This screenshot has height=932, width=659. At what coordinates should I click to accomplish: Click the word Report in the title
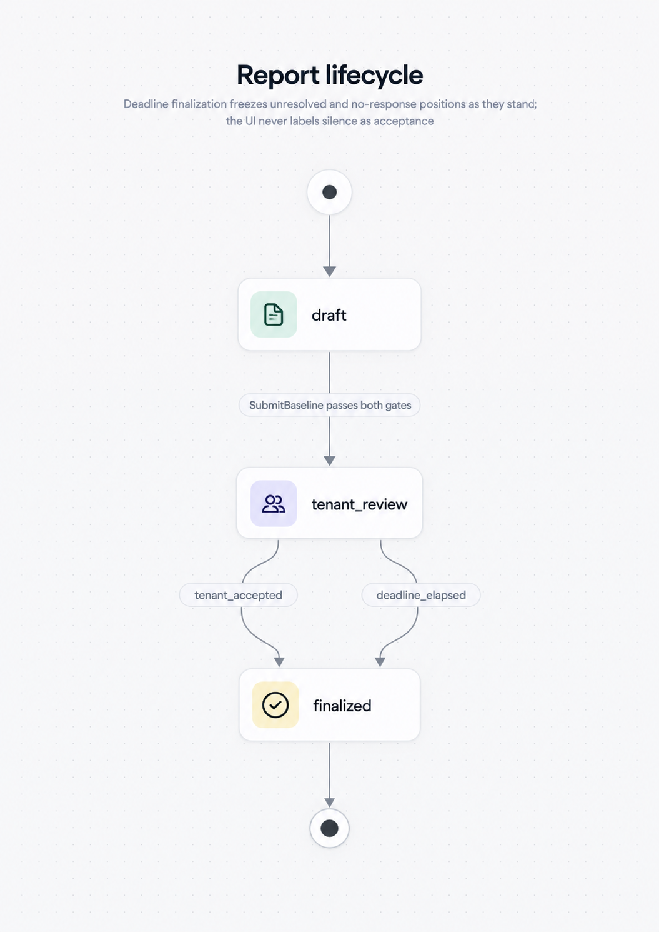278,75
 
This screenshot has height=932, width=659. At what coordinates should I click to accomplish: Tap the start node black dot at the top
330,193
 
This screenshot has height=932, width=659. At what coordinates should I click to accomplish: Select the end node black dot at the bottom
329,828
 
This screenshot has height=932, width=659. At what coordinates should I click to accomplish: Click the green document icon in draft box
274,314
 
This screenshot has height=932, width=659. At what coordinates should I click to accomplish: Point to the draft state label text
329,316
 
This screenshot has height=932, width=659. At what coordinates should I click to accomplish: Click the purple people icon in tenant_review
274,503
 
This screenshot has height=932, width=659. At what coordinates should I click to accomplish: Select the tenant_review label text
359,504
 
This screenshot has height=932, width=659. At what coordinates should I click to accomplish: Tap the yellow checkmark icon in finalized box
275,705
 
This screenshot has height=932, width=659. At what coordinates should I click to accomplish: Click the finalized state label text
342,706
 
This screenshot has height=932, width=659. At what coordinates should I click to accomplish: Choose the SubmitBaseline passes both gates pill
330,405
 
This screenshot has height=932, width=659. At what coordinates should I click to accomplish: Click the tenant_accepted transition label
238,595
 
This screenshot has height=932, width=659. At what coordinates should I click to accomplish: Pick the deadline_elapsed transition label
421,595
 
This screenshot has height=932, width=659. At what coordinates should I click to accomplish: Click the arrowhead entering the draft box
330,272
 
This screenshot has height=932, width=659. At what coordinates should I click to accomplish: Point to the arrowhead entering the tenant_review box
330,461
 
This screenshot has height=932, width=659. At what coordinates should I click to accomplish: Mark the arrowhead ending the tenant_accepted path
279,662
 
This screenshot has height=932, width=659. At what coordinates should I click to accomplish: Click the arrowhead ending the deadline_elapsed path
380,662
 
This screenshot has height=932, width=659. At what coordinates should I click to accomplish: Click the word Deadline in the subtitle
146,104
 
